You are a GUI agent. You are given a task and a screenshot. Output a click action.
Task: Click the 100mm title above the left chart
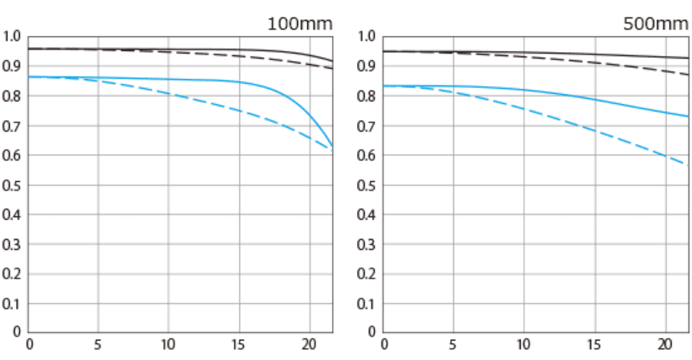coord(299,23)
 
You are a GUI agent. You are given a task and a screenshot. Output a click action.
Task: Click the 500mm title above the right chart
coord(655,23)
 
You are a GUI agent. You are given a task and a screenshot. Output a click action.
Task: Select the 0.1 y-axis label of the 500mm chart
coord(367,303)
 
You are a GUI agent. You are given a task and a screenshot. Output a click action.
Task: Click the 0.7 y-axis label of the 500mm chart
coord(367,126)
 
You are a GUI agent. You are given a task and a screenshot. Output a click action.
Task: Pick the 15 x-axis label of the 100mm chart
coord(239,344)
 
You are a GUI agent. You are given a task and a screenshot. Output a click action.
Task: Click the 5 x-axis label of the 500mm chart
coord(454,344)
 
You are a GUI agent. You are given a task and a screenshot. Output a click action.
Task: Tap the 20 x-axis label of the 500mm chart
coord(665,344)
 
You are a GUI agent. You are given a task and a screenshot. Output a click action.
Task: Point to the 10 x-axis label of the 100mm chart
coord(169,344)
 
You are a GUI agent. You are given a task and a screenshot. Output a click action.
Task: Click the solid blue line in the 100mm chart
coord(168,79)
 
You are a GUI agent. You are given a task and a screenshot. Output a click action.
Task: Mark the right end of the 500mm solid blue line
coord(688,116)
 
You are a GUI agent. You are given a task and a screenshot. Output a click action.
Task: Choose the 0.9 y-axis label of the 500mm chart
coord(367,66)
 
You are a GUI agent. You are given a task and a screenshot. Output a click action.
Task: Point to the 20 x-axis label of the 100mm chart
coord(310,344)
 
